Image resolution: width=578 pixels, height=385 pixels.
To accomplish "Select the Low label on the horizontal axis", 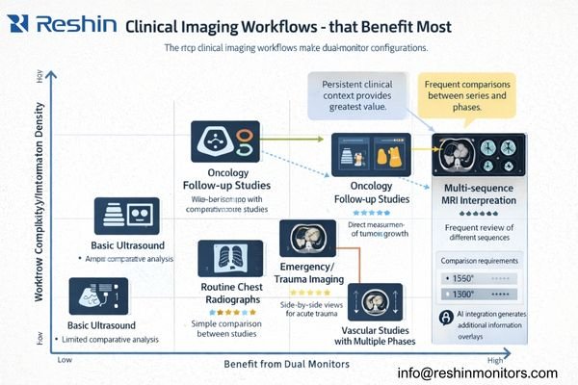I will pyautogui.click(x=66, y=358).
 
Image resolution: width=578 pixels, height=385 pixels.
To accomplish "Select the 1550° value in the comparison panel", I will pyautogui.click(x=461, y=278).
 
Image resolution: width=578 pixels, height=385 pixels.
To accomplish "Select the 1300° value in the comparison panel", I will pyautogui.click(x=461, y=294).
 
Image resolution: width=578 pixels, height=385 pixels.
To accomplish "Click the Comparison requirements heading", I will pyautogui.click(x=480, y=259).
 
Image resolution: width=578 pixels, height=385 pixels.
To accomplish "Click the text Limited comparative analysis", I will pyautogui.click(x=108, y=340).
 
